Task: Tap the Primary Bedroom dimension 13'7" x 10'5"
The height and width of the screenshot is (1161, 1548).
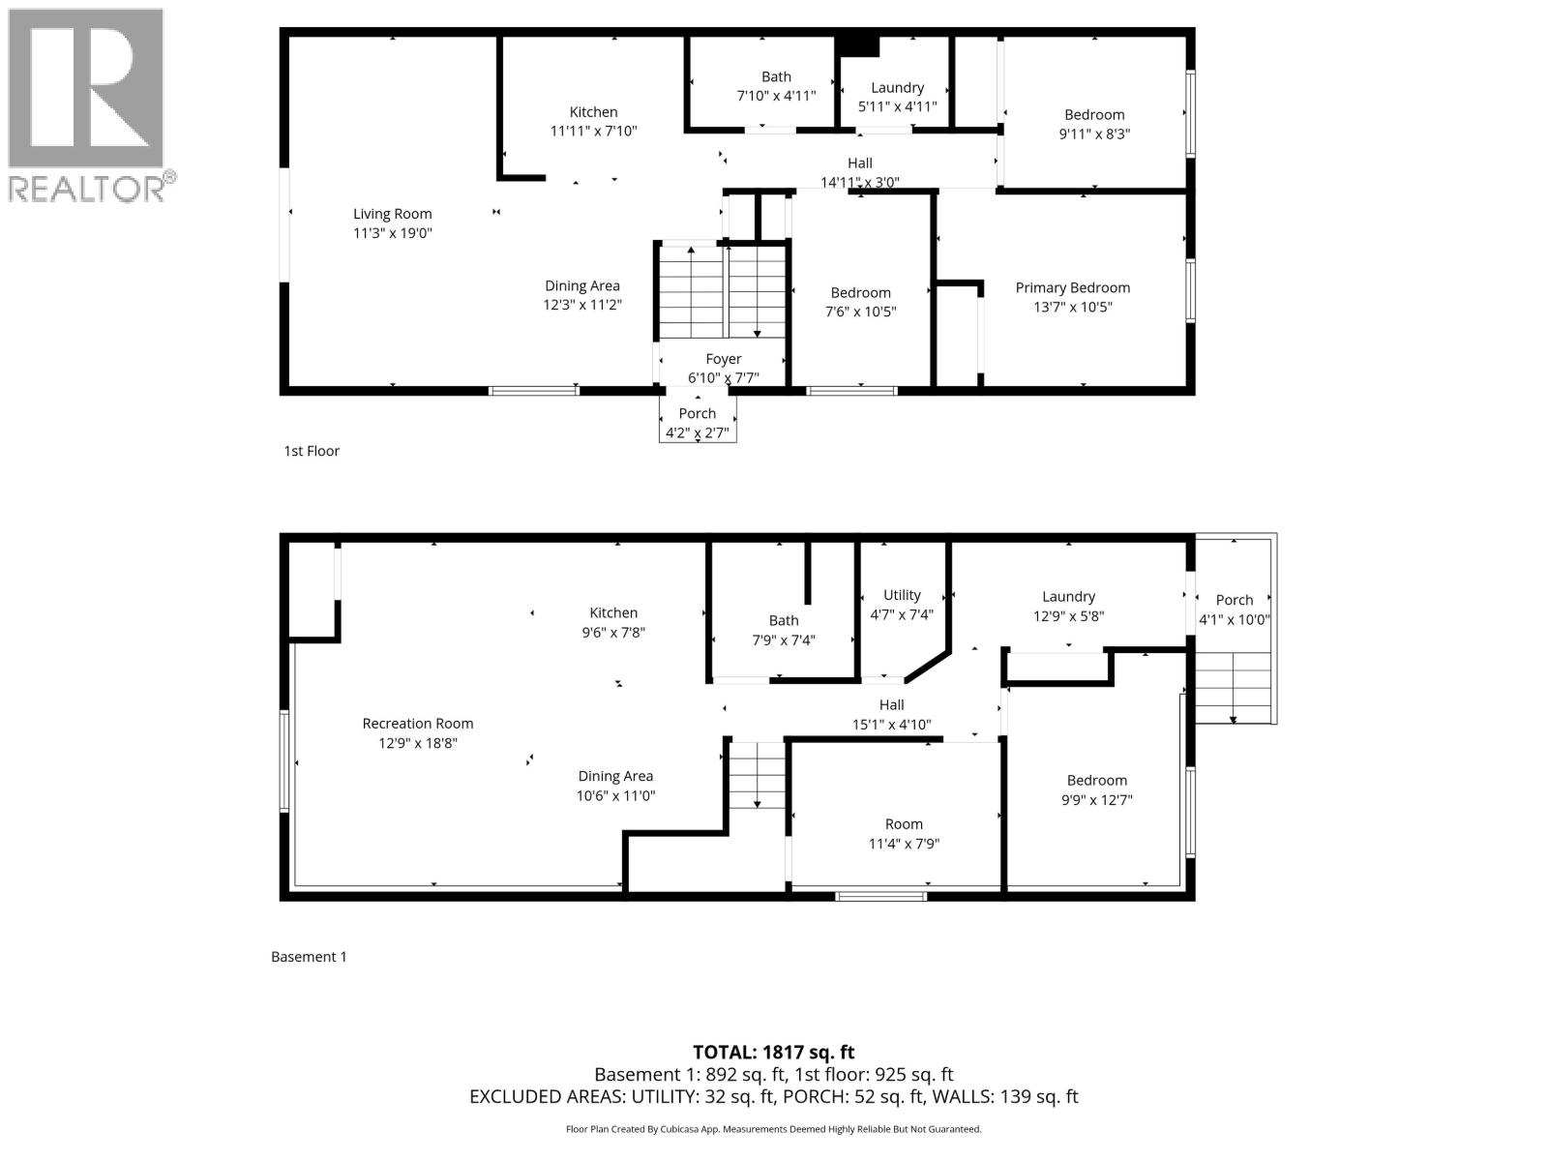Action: [1072, 308]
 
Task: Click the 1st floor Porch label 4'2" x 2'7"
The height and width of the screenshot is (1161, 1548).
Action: [697, 423]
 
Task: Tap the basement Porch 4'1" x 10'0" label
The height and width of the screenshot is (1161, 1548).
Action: [1234, 610]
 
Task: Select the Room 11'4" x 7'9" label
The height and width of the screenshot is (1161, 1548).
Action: [904, 834]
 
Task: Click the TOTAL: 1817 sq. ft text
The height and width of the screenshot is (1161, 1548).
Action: [773, 1052]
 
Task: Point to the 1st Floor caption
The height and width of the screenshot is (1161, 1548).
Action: [312, 451]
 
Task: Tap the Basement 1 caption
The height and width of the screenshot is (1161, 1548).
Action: [309, 957]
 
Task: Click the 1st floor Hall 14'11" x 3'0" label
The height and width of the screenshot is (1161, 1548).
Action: [859, 172]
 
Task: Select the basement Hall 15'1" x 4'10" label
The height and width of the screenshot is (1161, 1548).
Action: [891, 714]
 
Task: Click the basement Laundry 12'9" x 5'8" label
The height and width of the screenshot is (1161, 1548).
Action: [1068, 607]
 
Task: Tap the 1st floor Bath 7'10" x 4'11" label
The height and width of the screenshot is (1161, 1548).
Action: [776, 86]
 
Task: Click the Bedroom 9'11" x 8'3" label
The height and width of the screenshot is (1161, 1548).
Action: [1094, 124]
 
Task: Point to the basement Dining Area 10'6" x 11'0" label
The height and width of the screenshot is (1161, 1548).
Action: [615, 786]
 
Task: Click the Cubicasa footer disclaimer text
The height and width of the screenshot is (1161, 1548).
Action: [773, 1129]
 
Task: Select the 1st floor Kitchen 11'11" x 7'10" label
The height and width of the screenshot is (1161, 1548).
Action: [593, 121]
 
